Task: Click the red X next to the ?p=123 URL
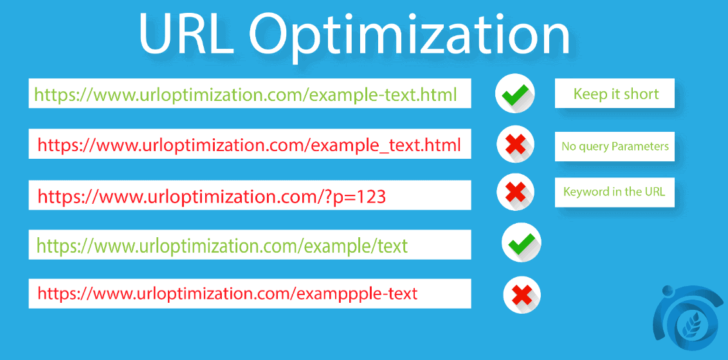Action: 515,192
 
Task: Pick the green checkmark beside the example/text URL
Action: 520,244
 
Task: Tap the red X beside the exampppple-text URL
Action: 522,293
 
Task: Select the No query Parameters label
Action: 615,147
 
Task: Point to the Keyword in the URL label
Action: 614,192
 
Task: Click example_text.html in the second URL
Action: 385,145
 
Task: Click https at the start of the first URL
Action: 53,96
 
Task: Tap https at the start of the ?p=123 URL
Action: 55,197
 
